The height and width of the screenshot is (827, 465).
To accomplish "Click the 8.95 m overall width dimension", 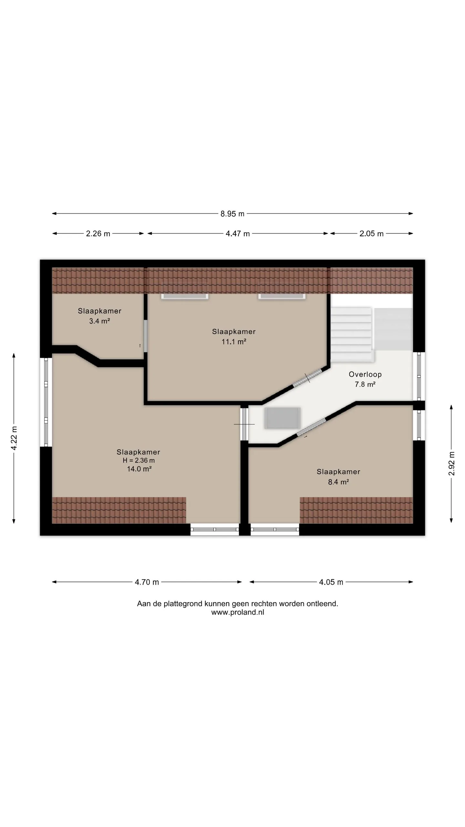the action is [232, 214].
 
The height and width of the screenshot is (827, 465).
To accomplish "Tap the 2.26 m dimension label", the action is [98, 234].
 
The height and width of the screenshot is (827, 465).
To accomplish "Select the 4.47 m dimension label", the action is [238, 234].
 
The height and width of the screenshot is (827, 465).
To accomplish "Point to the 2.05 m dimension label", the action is [371, 234].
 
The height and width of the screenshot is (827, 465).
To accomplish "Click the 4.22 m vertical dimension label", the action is [14, 438].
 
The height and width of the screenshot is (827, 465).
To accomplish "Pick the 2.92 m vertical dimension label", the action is [451, 464].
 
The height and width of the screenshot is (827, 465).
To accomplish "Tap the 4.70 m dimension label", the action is [147, 582].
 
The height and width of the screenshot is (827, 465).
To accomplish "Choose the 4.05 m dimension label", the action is [331, 582].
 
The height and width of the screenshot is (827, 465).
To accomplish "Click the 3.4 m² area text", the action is [99, 321].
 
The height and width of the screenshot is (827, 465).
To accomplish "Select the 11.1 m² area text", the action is [234, 341].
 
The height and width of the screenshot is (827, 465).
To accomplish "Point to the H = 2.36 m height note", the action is [139, 461].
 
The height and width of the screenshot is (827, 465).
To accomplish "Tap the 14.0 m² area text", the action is [139, 469].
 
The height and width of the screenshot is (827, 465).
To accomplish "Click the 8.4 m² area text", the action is [338, 482].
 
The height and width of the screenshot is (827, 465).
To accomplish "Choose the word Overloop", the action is [365, 374].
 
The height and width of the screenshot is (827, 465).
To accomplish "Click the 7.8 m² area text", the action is [365, 384].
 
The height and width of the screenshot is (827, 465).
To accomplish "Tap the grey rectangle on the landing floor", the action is [283, 418].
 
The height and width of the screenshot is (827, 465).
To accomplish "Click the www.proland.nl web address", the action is [238, 612].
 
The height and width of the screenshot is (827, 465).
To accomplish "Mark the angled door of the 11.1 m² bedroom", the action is [307, 378].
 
